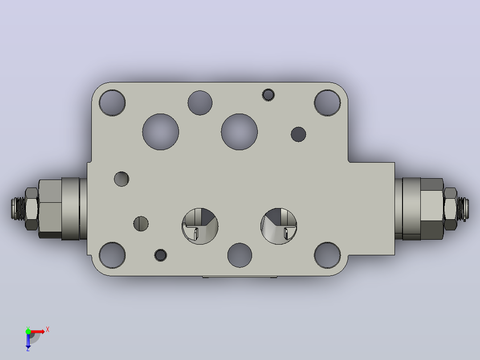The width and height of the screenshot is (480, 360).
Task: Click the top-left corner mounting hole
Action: pyautogui.click(x=112, y=103)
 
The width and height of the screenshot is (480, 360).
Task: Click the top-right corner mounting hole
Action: pyautogui.click(x=327, y=103)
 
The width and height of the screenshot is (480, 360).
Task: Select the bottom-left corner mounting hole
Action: pyautogui.click(x=112, y=255)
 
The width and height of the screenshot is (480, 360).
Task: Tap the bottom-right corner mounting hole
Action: pyautogui.click(x=327, y=255)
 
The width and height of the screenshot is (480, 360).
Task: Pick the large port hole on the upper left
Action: pyautogui.click(x=161, y=132)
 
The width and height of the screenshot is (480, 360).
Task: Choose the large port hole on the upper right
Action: pyautogui.click(x=240, y=132)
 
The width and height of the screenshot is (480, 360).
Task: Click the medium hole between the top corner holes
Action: pyautogui.click(x=200, y=103)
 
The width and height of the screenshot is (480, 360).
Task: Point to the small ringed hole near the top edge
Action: pyautogui.click(x=268, y=95)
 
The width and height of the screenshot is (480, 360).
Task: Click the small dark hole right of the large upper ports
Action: pyautogui.click(x=298, y=134)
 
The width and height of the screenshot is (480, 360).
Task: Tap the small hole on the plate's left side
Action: pyautogui.click(x=122, y=179)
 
